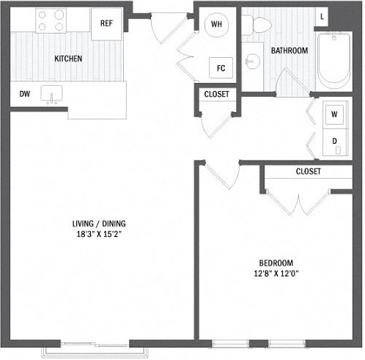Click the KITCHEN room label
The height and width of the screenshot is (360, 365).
click(x=68, y=59)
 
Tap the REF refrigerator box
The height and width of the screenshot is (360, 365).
click(x=107, y=24)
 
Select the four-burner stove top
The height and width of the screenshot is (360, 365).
click(x=51, y=20)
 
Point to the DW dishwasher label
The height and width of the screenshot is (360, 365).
click(x=25, y=94)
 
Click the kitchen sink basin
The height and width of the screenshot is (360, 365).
click(x=51, y=93)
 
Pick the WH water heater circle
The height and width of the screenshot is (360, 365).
click(x=216, y=24)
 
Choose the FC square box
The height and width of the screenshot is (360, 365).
click(x=221, y=68)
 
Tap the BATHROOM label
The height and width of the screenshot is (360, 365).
click(x=289, y=51)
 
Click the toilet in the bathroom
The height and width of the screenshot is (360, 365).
click(x=256, y=25)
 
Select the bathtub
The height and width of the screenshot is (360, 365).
click(x=333, y=60)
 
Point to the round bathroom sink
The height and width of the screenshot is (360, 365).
click(x=251, y=61)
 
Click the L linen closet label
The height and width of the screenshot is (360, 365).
click(x=322, y=17)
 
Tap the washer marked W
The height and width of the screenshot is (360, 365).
click(x=334, y=114)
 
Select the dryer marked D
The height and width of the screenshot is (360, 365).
click(x=335, y=142)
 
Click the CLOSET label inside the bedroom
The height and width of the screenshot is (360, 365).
click(x=308, y=172)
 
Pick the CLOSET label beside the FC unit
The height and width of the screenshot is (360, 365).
click(x=217, y=94)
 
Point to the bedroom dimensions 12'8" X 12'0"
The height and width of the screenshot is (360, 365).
click(x=275, y=273)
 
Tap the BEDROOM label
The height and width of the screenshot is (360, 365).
click(x=277, y=262)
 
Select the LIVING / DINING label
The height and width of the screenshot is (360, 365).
click(x=99, y=223)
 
